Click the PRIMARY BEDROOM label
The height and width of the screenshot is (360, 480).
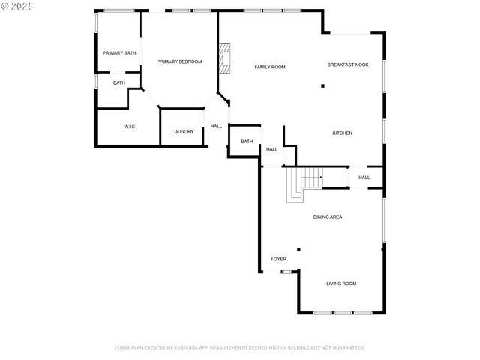coord(179,61)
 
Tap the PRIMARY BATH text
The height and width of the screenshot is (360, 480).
coord(119,53)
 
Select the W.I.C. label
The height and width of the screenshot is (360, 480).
coord(129,127)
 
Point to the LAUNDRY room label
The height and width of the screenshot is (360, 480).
coord(183,132)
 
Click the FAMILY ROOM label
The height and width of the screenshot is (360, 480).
coord(270,67)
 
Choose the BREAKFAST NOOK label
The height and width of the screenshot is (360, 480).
coord(348,65)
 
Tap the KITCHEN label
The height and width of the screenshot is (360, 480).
coord(343,133)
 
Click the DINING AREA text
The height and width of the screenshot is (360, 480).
coord(328,217)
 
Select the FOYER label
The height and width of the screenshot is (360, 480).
coord(278,259)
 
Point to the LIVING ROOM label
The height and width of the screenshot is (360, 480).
coord(341,283)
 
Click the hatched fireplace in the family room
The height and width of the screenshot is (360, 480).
coord(223,58)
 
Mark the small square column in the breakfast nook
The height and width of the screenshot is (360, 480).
coord(322,85)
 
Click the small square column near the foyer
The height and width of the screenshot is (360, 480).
coord(298,249)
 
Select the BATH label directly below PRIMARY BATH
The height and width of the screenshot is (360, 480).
coord(119,83)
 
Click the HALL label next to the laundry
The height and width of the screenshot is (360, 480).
coord(216,126)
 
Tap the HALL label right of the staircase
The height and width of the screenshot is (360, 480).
coord(364,178)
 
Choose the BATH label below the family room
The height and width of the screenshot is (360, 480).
coord(247,142)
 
